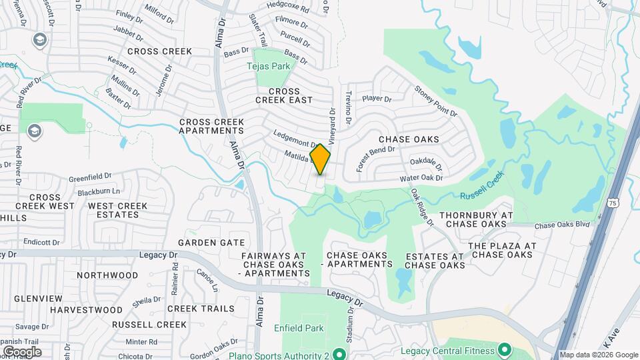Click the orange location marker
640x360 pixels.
pyautogui.click(x=321, y=159)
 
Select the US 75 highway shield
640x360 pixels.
pyautogui.click(x=612, y=202)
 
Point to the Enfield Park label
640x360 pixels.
pyautogui.click(x=299, y=328)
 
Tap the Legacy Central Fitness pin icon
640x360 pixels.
pyautogui.click(x=505, y=349)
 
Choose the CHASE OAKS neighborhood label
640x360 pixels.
pyautogui.click(x=409, y=139)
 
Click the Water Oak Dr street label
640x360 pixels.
pyautogui.click(x=421, y=178)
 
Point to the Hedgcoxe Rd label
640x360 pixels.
pyautogui.click(x=287, y=7)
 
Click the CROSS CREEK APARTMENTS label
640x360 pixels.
pyautogui.click(x=211, y=127)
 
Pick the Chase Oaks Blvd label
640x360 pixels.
pyautogui.click(x=562, y=225)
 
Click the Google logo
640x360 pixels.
pyautogui.click(x=21, y=351)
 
